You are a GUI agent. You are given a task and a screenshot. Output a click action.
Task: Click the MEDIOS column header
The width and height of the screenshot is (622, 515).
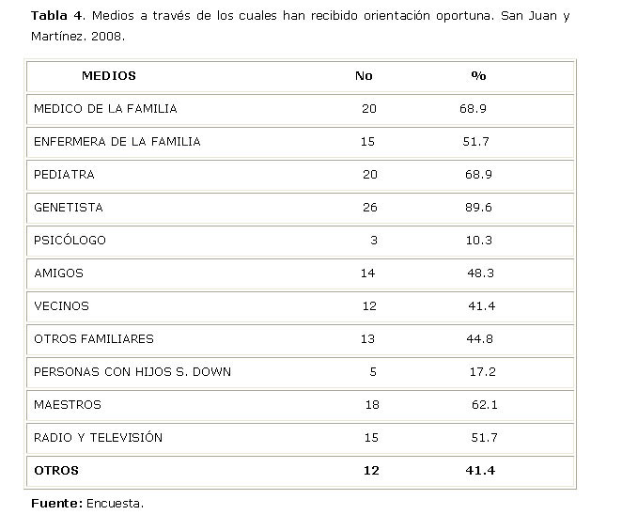(x=108, y=75)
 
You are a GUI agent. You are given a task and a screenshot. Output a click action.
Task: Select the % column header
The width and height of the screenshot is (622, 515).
(x=478, y=75)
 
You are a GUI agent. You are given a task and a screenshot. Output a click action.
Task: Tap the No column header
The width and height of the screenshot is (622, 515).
(x=364, y=75)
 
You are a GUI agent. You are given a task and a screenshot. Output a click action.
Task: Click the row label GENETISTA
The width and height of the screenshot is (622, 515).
(x=68, y=207)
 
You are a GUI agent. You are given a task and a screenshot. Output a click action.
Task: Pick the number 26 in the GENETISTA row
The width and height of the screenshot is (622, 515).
(x=369, y=207)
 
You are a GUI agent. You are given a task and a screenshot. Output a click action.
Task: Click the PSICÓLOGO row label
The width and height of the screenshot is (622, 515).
(x=70, y=240)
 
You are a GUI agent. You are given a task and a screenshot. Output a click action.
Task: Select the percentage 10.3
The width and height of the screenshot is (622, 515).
(x=478, y=240)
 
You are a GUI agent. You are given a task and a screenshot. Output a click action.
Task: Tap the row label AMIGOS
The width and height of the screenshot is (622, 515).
(x=58, y=273)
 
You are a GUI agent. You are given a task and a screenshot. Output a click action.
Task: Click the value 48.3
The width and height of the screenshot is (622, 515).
(x=480, y=273)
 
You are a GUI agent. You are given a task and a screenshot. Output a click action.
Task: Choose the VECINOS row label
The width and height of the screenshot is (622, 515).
(x=61, y=305)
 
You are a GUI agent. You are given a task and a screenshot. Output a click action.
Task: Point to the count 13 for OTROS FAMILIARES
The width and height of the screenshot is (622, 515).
(x=367, y=338)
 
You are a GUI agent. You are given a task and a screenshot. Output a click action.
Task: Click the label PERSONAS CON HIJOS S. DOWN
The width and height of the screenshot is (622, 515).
(x=132, y=371)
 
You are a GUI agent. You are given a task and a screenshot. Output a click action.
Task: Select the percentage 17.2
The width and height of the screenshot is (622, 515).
(x=482, y=371)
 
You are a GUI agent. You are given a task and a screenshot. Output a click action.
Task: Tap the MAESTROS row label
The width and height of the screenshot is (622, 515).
(x=67, y=404)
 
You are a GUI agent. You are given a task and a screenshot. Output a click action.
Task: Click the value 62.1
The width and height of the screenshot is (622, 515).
(x=484, y=404)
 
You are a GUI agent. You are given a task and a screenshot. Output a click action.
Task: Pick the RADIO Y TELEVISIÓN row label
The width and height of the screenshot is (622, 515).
(x=98, y=437)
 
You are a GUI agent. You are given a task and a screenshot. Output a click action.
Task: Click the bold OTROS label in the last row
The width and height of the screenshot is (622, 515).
(x=56, y=470)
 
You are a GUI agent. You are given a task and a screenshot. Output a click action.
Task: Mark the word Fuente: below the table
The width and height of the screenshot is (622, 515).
(x=56, y=503)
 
